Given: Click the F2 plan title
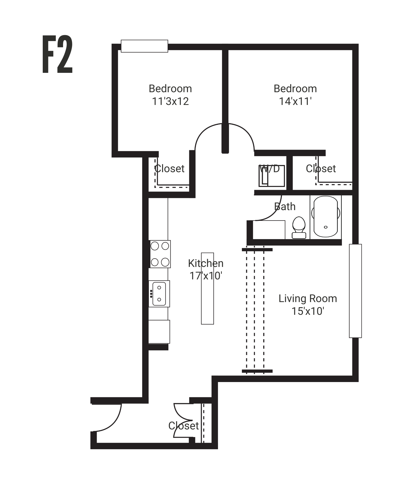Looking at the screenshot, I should click(x=57, y=54).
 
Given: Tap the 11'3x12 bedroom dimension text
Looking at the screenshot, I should click(x=170, y=101).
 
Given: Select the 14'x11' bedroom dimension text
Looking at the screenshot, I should click(x=295, y=101).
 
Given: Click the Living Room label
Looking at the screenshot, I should click(x=308, y=298).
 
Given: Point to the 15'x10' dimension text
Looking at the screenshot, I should click(x=308, y=311).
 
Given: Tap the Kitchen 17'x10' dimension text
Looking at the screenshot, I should click(x=206, y=276).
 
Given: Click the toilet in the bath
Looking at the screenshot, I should click(x=299, y=227).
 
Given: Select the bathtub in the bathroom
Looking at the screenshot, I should click(x=326, y=216).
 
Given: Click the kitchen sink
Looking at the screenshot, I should click(x=159, y=294).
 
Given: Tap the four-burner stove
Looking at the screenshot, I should click(x=160, y=254).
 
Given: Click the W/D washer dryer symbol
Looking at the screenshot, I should click(x=271, y=176).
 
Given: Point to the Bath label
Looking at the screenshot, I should click(x=285, y=207).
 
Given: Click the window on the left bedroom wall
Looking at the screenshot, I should click(x=144, y=46).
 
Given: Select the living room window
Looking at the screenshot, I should click(x=355, y=291).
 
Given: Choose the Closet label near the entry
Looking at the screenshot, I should click(x=183, y=426).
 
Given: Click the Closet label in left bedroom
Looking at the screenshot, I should click(x=169, y=169).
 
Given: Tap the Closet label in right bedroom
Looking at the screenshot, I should click(x=321, y=169).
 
